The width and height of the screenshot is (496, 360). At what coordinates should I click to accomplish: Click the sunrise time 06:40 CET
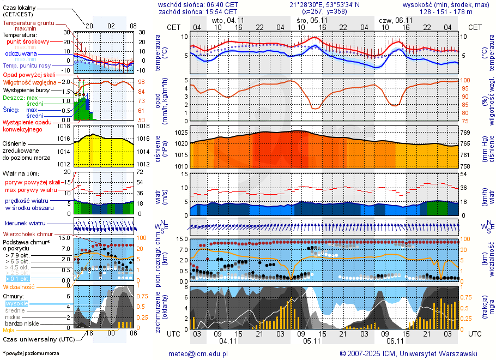[x=221, y=4]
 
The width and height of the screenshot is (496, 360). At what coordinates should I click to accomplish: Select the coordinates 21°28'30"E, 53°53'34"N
[x=324, y=4]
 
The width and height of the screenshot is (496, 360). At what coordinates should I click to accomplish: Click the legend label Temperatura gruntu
[x=28, y=23]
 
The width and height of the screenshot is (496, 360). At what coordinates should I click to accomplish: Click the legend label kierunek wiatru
[x=25, y=224]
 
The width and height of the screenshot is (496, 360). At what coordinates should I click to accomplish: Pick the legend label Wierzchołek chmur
[x=27, y=234]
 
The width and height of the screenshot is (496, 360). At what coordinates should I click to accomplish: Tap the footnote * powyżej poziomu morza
[x=31, y=353]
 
